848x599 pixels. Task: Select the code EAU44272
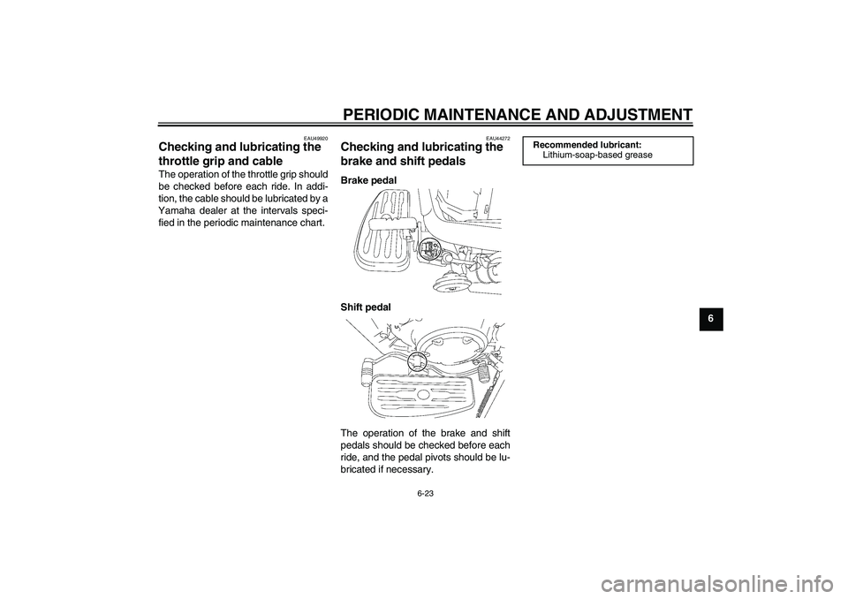point(497,137)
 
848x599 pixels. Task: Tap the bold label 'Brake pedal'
point(368,179)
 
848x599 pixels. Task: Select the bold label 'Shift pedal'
point(365,307)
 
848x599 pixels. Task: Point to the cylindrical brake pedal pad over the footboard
point(382,225)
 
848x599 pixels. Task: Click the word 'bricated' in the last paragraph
point(360,469)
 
